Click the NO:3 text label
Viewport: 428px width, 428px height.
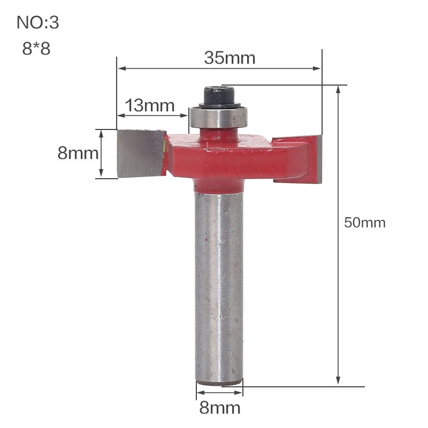[x=38, y=23]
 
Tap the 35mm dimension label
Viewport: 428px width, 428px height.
[x=230, y=58]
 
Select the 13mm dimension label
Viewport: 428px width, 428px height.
[x=150, y=105]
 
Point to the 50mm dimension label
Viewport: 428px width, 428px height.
[x=364, y=223]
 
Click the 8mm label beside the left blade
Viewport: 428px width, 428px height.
[x=78, y=154]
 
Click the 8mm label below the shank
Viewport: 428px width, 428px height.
[x=219, y=408]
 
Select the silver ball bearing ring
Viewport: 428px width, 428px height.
[x=218, y=117]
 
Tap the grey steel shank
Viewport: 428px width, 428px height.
[x=219, y=284]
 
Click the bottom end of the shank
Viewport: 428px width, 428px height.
[x=219, y=380]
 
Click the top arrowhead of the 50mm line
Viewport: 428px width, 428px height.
[x=338, y=89]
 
